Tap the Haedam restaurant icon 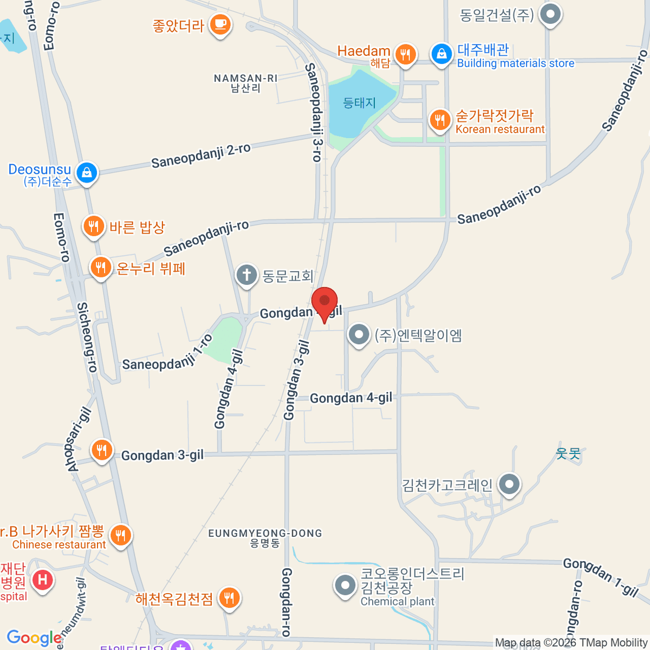(405, 54)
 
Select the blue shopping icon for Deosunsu (87, 173)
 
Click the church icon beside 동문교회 (246, 275)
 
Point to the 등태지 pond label (359, 103)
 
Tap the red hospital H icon (42, 580)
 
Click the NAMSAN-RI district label (245, 83)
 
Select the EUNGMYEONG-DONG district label (265, 537)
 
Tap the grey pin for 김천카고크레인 (509, 484)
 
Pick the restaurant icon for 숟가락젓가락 (440, 120)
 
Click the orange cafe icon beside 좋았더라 (220, 24)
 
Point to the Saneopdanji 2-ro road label (201, 155)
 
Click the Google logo (34, 638)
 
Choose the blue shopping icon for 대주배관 (441, 54)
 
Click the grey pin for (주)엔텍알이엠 (359, 335)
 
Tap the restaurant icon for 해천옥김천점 (230, 598)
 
